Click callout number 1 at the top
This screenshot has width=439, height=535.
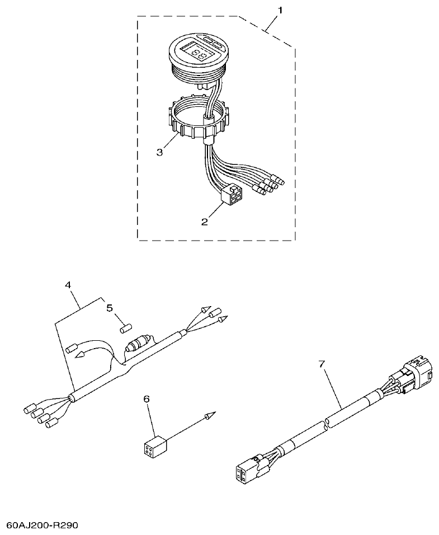pyautogui.click(x=280, y=10)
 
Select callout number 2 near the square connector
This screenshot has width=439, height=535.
pyautogui.click(x=205, y=222)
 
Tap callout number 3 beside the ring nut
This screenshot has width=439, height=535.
pyautogui.click(x=159, y=152)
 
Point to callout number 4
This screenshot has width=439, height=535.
pyautogui.click(x=68, y=285)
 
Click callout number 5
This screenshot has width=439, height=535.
pyautogui.click(x=110, y=308)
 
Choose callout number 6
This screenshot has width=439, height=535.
pyautogui.click(x=147, y=398)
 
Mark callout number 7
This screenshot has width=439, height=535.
pyautogui.click(x=321, y=364)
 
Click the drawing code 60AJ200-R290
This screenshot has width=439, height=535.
pyautogui.click(x=43, y=526)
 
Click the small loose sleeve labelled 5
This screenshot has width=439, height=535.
pyautogui.click(x=126, y=328)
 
